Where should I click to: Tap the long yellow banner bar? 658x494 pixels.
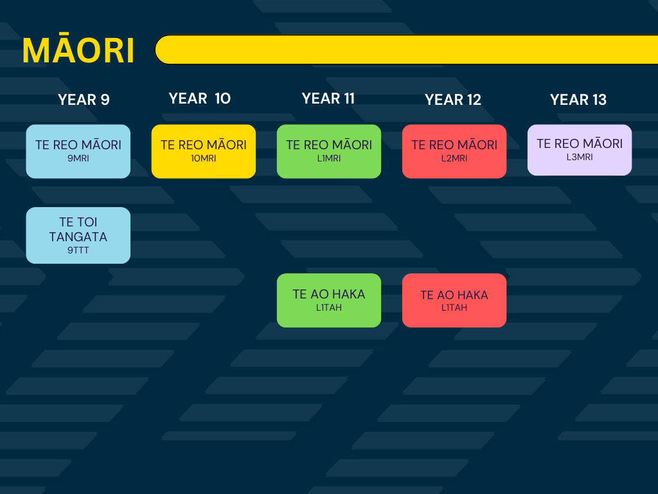click(406, 50)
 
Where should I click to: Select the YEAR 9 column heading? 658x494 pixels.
click(84, 100)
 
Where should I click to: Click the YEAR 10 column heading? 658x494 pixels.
click(199, 98)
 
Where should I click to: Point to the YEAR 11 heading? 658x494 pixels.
click(328, 98)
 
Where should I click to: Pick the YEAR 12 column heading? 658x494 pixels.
click(453, 100)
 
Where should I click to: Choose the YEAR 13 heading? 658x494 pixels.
click(578, 100)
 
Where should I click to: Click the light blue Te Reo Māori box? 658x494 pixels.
click(78, 151)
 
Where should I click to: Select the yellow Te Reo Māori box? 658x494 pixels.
click(204, 151)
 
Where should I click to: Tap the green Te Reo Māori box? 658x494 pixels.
click(329, 151)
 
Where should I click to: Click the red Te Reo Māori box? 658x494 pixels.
click(454, 151)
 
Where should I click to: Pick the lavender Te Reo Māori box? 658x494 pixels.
click(580, 150)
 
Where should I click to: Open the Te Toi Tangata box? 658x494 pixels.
click(78, 235)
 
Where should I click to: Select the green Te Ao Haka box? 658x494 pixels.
click(329, 300)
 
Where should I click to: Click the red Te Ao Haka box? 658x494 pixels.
click(454, 300)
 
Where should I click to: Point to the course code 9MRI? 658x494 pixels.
click(78, 158)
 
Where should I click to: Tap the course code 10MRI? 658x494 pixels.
click(204, 158)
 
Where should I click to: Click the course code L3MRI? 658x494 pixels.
click(580, 157)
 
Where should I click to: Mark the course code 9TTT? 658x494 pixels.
click(78, 250)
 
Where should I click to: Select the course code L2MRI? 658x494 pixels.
click(454, 158)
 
